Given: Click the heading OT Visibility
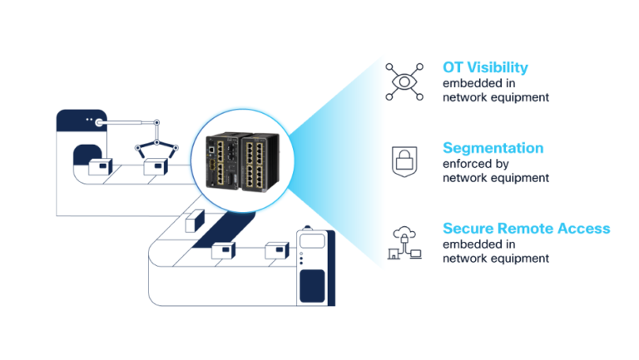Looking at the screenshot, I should click(485, 67).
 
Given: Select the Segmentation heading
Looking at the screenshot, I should click(493, 148).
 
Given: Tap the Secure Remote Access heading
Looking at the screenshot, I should click(526, 229).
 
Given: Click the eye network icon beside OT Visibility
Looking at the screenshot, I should click(404, 81).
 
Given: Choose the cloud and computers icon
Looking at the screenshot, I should click(404, 244).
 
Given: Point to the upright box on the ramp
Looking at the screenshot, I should click(194, 221).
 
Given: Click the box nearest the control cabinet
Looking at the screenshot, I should click(276, 250).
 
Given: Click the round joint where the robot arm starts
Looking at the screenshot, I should click(100, 123).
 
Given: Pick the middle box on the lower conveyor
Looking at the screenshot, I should click(223, 250).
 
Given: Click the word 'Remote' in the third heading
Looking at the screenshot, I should click(522, 229).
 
